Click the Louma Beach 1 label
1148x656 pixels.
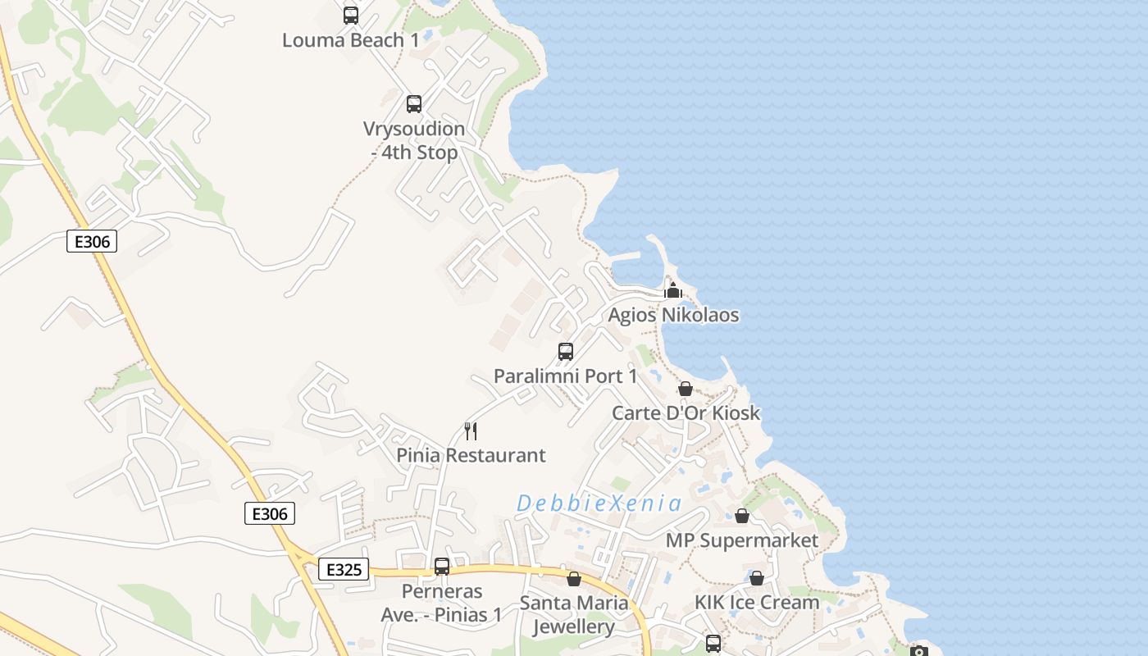(x=350, y=40)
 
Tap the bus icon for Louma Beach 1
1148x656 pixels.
(x=351, y=15)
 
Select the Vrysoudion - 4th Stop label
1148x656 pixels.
(x=414, y=140)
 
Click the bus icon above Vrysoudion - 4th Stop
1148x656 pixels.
(x=414, y=104)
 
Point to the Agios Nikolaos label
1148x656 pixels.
(x=673, y=315)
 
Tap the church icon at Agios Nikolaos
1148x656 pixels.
(x=673, y=290)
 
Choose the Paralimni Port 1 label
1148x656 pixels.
(x=565, y=376)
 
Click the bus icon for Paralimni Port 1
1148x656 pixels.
(x=566, y=352)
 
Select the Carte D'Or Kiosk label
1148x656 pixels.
(x=686, y=412)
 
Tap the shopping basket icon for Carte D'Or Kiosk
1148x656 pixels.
(x=686, y=389)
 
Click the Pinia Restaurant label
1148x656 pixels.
(x=471, y=455)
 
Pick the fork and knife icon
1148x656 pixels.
(x=471, y=430)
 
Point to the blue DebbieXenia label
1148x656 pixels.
(x=599, y=503)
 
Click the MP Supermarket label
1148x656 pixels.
(x=741, y=540)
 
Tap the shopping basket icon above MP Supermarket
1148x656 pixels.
(x=742, y=516)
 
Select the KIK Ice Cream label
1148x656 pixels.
(x=757, y=603)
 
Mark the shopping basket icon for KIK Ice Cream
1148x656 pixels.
(x=757, y=578)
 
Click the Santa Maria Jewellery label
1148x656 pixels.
(x=574, y=614)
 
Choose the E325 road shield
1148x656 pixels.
(x=344, y=569)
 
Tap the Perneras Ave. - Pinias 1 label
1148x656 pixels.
(x=441, y=603)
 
